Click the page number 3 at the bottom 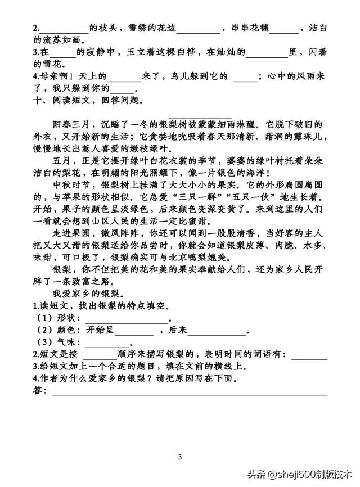[180, 456]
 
